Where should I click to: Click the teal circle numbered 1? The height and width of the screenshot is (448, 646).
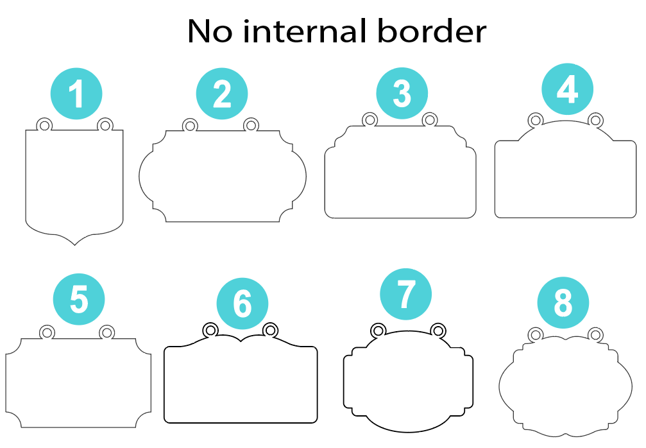tap(76, 94)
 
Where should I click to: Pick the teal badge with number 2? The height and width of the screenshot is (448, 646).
tap(222, 94)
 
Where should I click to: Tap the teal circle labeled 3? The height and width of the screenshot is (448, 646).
tap(402, 93)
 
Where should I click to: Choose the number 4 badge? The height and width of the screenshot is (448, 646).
tap(567, 89)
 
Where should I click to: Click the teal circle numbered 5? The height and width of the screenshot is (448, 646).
tap(79, 299)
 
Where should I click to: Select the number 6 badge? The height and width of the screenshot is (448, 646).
tap(242, 304)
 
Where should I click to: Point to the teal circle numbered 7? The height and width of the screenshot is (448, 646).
tap(405, 294)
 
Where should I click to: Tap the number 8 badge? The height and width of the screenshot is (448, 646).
tap(563, 302)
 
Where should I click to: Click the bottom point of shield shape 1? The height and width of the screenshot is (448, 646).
tap(74, 245)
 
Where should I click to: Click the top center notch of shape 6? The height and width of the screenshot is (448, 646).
tap(241, 341)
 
